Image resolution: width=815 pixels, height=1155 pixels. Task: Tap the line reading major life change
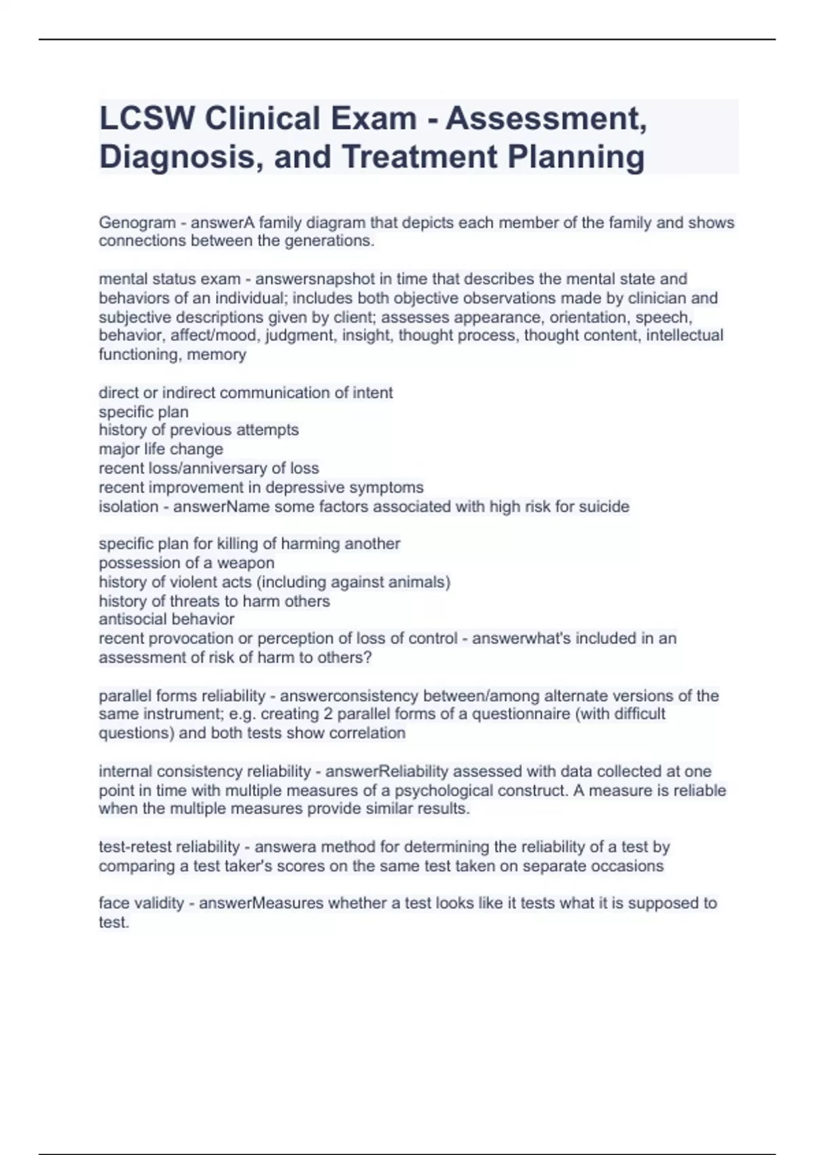(161, 449)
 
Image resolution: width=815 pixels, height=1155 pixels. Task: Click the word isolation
(127, 507)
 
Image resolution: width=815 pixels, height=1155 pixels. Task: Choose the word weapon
(246, 563)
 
